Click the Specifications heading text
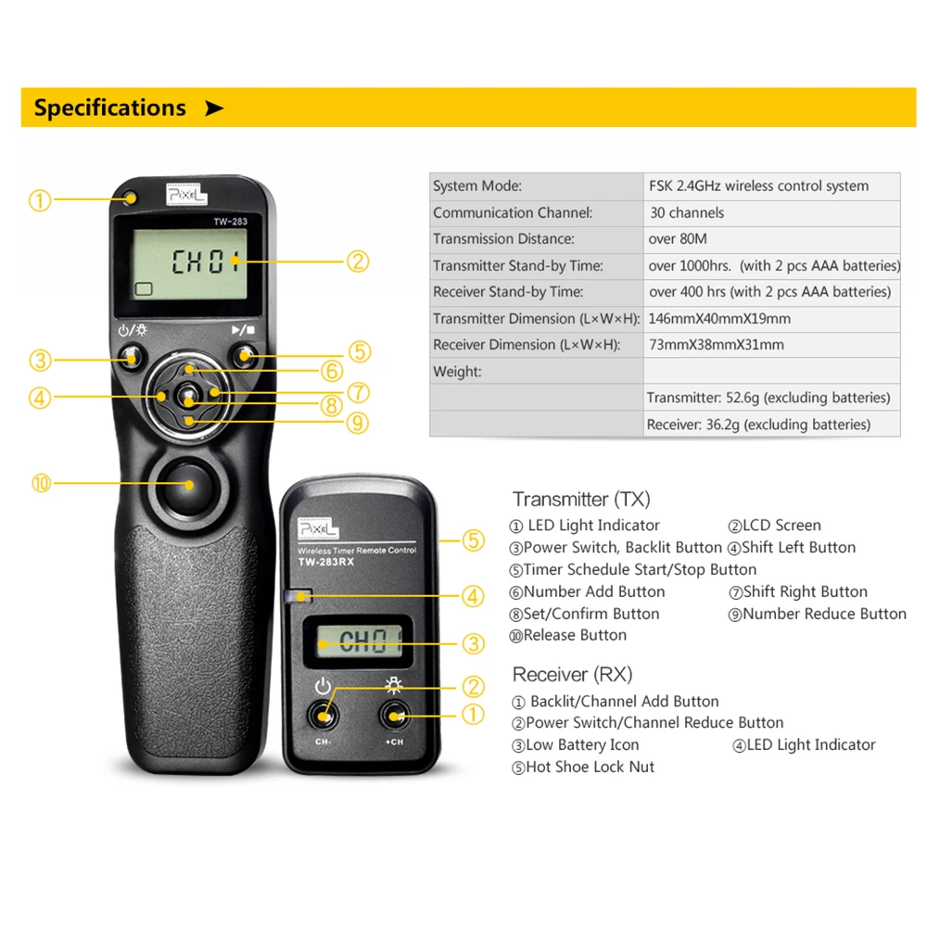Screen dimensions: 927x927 click(109, 108)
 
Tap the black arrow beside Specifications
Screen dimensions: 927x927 click(214, 108)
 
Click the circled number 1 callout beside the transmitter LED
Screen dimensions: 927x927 click(39, 200)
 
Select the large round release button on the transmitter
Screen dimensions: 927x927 click(189, 483)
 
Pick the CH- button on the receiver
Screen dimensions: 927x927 click(324, 716)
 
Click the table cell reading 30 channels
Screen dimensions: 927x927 click(687, 212)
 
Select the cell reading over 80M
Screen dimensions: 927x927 click(678, 239)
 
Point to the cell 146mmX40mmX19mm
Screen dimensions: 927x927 click(719, 319)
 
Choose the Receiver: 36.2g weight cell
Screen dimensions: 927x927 click(758, 425)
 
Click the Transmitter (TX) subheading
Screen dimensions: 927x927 click(581, 500)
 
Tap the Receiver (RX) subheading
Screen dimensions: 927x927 click(572, 675)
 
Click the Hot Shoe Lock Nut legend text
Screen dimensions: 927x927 click(590, 768)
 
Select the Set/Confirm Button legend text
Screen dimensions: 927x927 click(590, 614)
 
